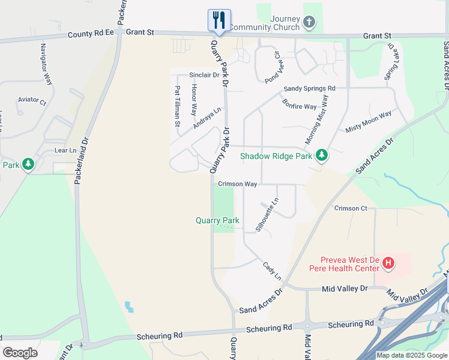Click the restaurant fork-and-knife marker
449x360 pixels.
coord(219,20)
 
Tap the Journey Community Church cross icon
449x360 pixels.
coord(309,23)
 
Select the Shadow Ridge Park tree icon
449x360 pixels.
coord(322,155)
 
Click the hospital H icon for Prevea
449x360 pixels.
coord(389,263)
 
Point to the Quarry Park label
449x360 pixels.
coord(217,221)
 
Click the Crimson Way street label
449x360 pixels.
coord(238,184)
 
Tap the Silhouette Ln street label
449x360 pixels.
coord(268,215)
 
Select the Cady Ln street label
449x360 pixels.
coord(272,270)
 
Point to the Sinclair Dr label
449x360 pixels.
coord(204,76)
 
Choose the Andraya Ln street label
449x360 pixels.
coord(207,118)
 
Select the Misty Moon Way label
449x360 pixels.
coord(368,122)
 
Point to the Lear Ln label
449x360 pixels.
coord(65,151)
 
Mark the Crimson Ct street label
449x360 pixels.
coord(351,208)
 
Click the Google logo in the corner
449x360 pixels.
coord(20,353)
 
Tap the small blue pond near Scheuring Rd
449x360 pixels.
coord(129,307)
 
